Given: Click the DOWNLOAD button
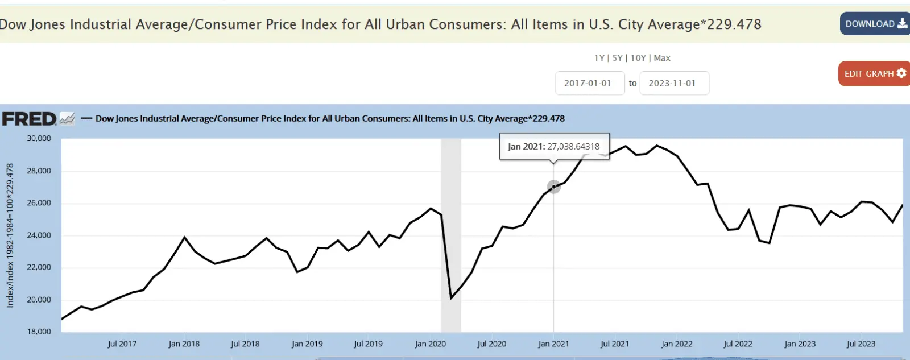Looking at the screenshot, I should pos(875,24).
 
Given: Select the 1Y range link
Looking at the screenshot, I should pos(599,58).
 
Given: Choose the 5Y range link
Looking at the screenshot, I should pos(618,58).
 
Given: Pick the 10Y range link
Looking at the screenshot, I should pos(638,58).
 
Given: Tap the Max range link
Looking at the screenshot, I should pos(662,58).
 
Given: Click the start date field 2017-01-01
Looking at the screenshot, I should pos(589,83).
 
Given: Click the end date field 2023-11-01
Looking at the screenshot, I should pos(673,83).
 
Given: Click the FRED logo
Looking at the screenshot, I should pos(30,119).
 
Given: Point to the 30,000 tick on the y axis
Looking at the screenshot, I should pos(39,138).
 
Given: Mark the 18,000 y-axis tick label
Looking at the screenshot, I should pos(39,332).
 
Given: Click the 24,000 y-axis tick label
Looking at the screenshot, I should pos(39,235).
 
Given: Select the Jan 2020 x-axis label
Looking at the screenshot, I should pos(430,344).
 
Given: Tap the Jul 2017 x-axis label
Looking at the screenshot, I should pos(122,344).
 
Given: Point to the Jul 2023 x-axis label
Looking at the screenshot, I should pos(861,344).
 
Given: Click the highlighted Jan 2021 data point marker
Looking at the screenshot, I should pos(553,187).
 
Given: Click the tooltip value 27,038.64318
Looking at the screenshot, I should pos(573,146).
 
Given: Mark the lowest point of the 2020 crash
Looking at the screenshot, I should pos(451,298).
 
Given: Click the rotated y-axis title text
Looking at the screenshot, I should pos(10,235).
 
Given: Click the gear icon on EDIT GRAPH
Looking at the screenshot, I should pos(901,73).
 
